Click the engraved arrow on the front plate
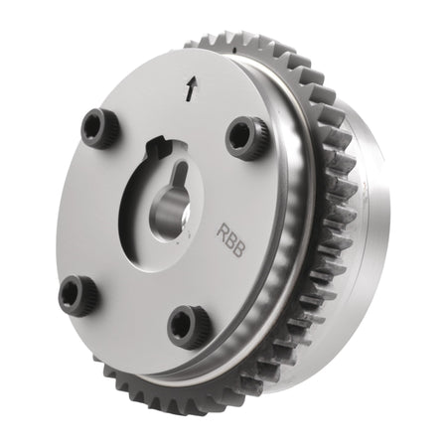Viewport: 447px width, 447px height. click(x=191, y=88)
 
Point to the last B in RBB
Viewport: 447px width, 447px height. click(x=238, y=250)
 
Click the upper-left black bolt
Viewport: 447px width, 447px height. click(x=99, y=127)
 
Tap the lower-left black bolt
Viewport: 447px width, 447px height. click(x=78, y=294)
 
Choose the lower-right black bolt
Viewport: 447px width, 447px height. click(x=190, y=326)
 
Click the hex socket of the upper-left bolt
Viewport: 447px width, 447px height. click(x=93, y=125)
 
